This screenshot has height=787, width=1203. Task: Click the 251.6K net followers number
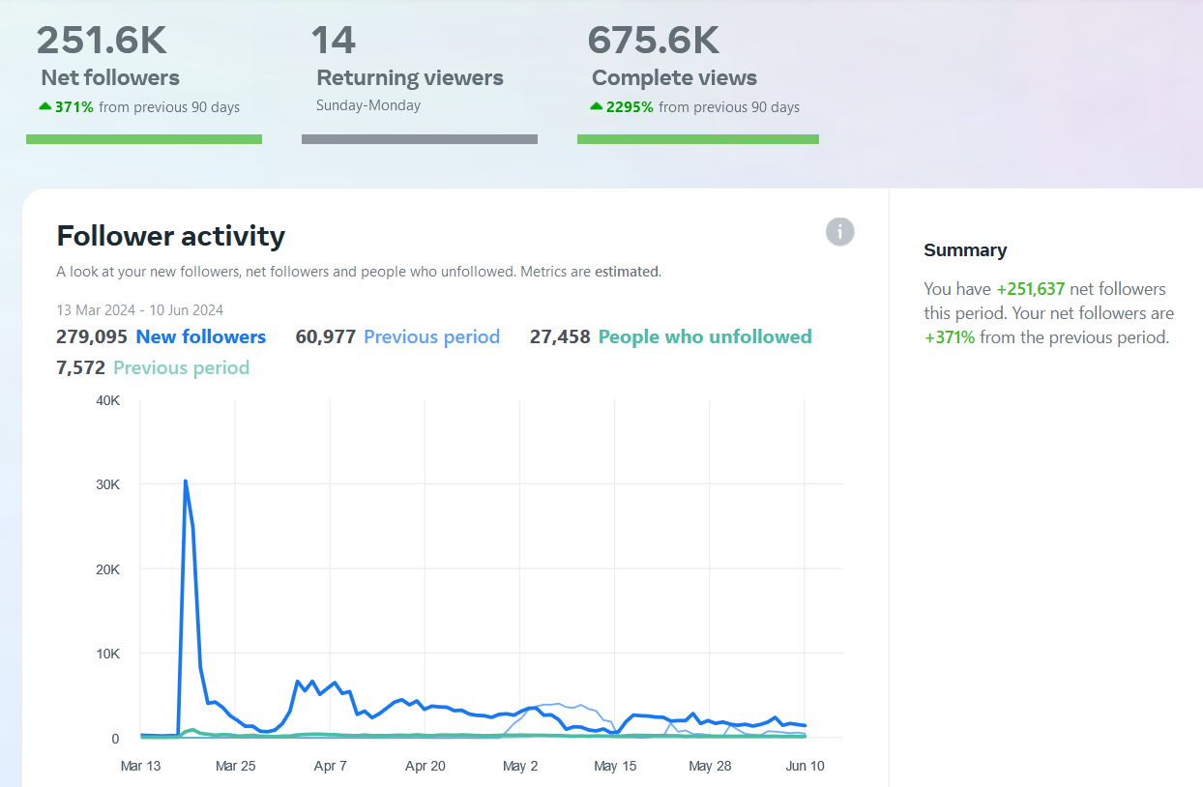(102, 41)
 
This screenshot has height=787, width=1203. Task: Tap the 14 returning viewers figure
(333, 41)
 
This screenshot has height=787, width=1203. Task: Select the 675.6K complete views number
(653, 41)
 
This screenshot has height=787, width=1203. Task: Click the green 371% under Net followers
(74, 107)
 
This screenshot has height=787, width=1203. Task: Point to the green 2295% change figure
(630, 107)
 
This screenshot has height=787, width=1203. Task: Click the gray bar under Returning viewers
(420, 139)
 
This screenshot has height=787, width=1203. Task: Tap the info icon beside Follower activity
(840, 232)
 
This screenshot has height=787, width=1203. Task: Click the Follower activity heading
(171, 236)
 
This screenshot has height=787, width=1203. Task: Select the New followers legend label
(201, 337)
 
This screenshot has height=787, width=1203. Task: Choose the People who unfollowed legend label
(705, 337)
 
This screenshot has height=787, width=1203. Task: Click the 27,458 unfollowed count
(560, 337)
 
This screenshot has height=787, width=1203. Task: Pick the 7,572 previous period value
(80, 368)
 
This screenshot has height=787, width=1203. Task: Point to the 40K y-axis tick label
(108, 400)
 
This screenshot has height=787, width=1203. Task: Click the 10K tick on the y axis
(108, 654)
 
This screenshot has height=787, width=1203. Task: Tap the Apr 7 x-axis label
(331, 766)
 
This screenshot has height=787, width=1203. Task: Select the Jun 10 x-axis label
(805, 766)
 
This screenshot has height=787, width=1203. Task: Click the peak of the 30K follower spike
(186, 481)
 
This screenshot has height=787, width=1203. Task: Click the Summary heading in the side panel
(965, 250)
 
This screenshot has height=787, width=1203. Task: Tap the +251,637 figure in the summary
(1031, 289)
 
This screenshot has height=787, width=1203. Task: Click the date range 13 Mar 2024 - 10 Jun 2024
(139, 310)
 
